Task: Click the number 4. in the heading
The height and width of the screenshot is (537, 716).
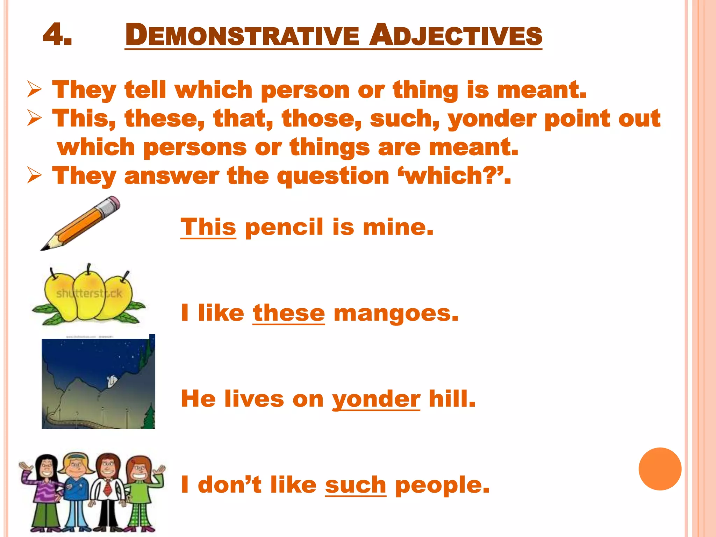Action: [x=58, y=35]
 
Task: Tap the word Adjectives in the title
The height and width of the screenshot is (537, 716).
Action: [x=456, y=36]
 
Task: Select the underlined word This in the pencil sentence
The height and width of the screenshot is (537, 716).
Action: [x=208, y=227]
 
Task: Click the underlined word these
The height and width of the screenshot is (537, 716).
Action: [x=289, y=313]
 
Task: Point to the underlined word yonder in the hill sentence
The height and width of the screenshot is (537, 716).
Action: [x=376, y=399]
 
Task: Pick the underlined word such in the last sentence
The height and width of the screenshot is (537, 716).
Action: [x=356, y=485]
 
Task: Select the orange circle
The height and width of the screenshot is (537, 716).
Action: [x=660, y=469]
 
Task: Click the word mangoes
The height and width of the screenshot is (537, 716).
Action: [x=396, y=313]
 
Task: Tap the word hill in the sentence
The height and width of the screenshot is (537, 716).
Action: [x=452, y=399]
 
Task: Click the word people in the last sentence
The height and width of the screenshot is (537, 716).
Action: [x=442, y=486]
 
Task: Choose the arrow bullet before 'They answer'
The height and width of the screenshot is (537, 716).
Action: [x=35, y=176]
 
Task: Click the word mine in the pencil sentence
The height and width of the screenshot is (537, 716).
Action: [x=398, y=227]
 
